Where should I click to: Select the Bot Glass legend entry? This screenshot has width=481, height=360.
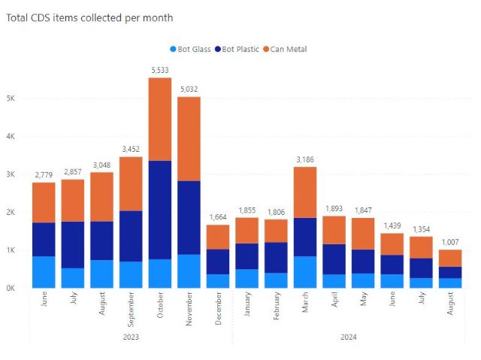192,49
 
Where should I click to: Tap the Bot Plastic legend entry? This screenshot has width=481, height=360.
237,49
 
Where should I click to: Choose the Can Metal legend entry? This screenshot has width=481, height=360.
286,49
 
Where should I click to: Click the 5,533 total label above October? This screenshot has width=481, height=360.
159,69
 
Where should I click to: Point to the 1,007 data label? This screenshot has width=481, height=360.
450,241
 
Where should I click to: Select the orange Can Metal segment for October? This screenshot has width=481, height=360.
159,119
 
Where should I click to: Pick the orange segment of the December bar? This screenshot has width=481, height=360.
218,237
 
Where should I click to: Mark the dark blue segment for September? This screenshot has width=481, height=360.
130,236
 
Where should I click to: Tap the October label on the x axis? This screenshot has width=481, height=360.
159,307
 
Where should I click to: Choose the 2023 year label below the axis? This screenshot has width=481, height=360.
130,337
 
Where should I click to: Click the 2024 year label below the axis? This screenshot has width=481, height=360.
348,337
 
